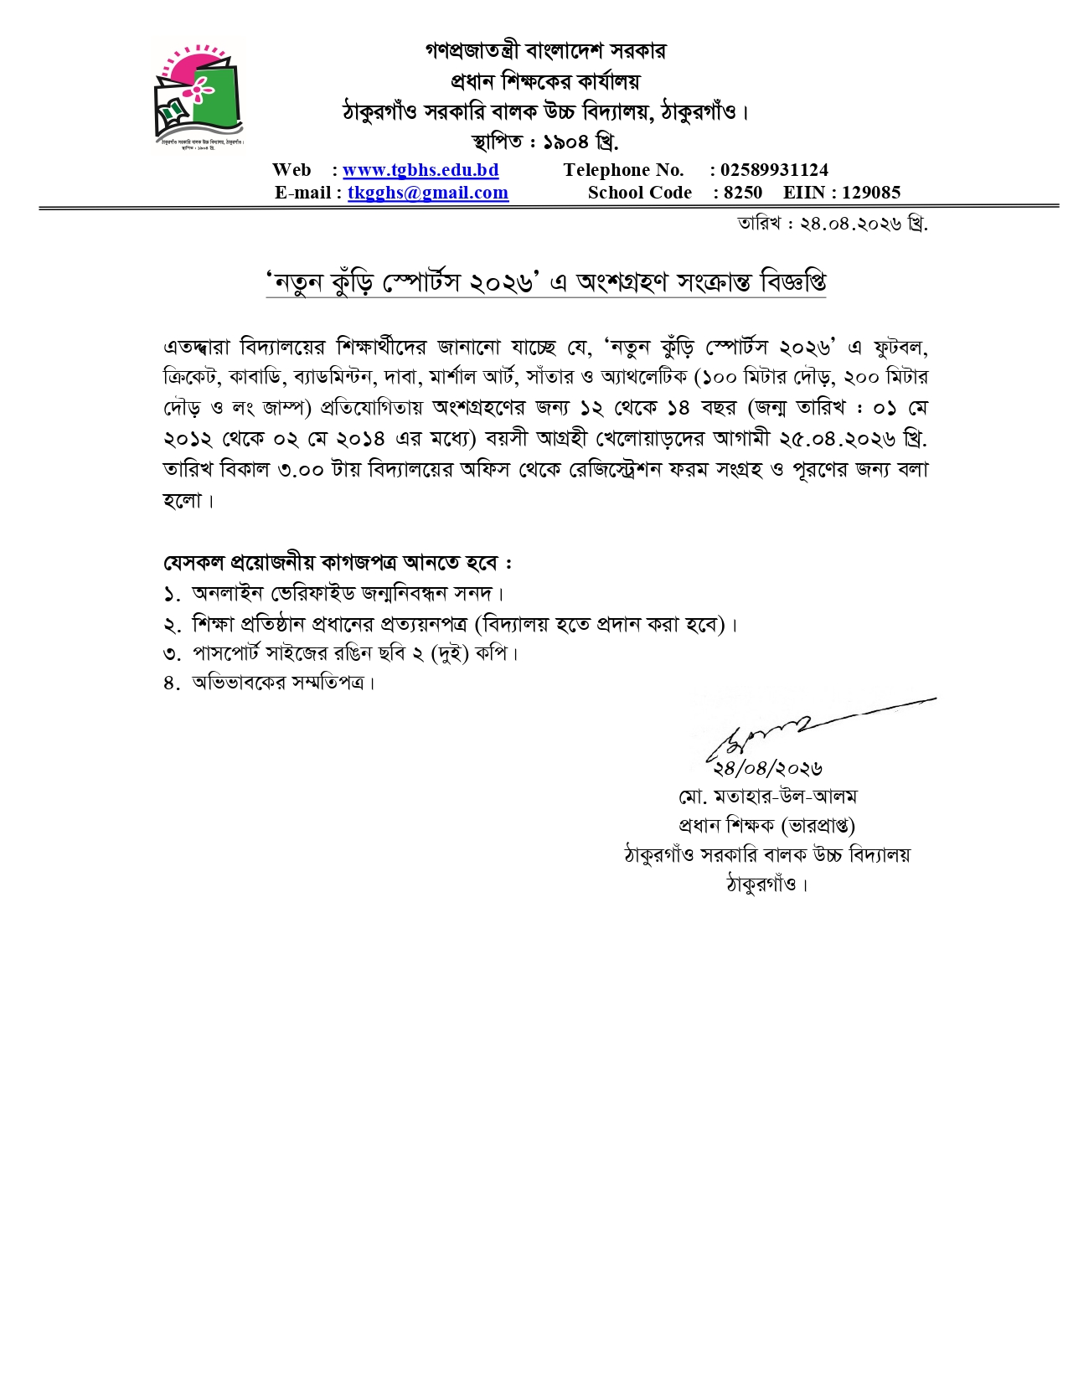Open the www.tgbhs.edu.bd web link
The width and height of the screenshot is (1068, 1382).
[420, 170]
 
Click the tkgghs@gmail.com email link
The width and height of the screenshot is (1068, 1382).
[427, 193]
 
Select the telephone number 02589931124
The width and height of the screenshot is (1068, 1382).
[774, 170]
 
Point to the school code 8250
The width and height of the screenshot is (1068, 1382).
[743, 193]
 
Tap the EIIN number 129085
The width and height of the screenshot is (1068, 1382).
[871, 193]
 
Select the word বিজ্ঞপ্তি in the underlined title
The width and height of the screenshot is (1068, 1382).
[792, 282]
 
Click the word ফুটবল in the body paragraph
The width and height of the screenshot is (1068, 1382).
[900, 347]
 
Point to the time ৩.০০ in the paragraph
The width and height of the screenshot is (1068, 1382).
[301, 470]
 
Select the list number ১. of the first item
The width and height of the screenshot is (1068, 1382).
[172, 594]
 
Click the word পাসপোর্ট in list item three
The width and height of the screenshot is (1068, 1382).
[226, 653]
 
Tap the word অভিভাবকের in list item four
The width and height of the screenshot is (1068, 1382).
[240, 683]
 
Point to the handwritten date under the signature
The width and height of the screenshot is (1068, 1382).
[767, 767]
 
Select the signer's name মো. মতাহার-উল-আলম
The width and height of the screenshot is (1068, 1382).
[767, 796]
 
